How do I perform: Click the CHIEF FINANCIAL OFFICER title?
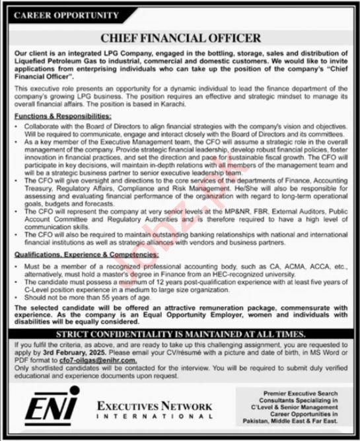pos(180,38)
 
